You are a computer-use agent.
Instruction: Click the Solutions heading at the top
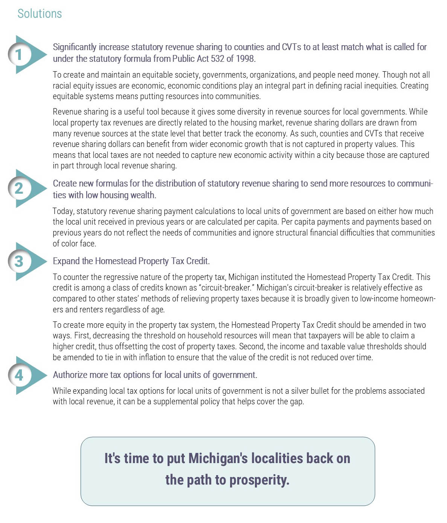point(40,14)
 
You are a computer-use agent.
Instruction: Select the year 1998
point(245,59)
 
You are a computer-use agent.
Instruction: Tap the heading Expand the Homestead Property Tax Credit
point(131,261)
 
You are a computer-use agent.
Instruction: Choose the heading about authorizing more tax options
point(155,375)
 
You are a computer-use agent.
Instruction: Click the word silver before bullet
point(300,391)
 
